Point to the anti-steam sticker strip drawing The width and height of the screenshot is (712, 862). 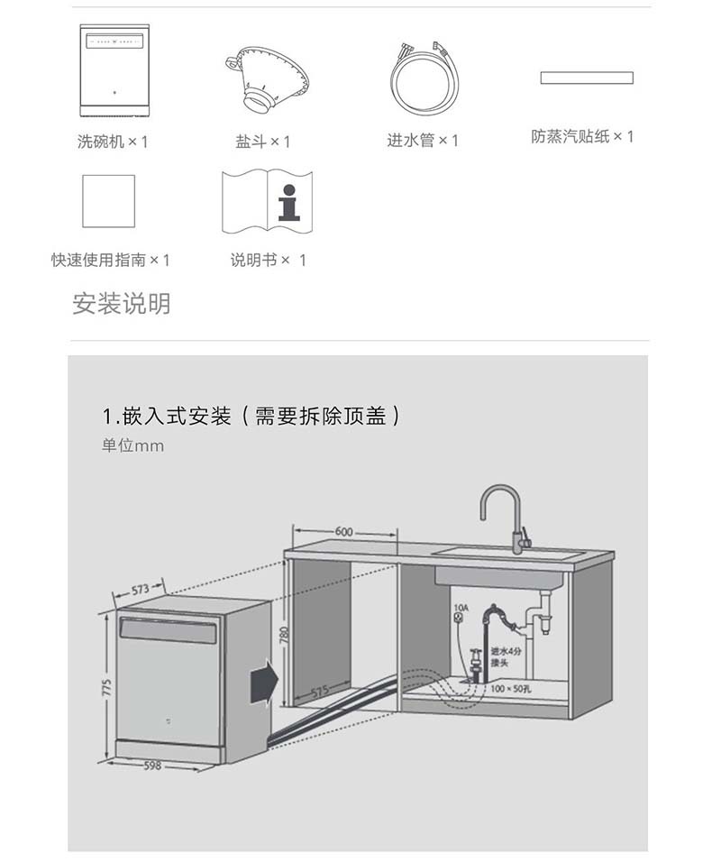point(587,78)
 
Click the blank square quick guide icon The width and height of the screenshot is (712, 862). point(108,201)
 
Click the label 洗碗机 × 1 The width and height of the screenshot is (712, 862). point(112,142)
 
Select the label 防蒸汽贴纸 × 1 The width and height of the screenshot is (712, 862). point(582,137)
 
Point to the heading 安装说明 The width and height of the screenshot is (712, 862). point(121,304)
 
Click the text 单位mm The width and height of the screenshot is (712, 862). point(132,445)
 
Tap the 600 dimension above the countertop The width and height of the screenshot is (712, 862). point(343,532)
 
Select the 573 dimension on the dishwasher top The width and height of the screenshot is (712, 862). point(140,590)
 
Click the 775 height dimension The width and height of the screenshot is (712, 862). point(105,688)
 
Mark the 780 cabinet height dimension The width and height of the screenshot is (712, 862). point(284,635)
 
